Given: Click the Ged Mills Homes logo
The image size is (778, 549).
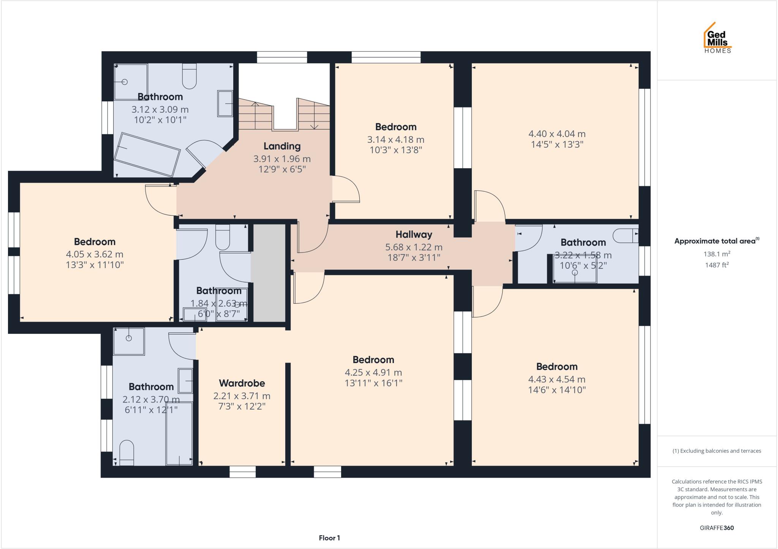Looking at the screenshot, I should click(718, 38).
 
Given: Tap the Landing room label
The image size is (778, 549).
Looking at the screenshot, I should click(282, 146).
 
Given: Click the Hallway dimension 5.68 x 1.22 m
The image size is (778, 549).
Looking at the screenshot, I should click(414, 247).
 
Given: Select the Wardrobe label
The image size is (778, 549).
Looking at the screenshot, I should click(242, 383).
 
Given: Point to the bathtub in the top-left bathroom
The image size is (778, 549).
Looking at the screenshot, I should click(147, 155).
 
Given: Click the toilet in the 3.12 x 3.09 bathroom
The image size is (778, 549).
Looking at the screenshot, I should click(189, 76).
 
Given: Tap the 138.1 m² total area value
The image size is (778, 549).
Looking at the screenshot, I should click(717, 254).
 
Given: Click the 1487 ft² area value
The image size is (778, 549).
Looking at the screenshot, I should click(717, 265).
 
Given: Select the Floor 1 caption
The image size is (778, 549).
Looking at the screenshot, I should click(329, 538).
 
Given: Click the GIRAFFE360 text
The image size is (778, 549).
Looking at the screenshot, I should click(717, 528).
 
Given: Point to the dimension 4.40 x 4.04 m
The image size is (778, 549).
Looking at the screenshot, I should click(557, 134).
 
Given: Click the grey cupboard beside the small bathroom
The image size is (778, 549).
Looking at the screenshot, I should click(269, 273).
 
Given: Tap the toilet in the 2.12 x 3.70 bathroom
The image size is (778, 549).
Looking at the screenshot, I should click(127, 452).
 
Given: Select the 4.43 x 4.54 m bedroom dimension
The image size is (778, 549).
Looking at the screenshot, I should click(557, 379).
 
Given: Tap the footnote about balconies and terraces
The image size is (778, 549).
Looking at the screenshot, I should click(717, 451).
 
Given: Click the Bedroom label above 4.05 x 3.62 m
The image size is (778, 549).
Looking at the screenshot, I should click(95, 242).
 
